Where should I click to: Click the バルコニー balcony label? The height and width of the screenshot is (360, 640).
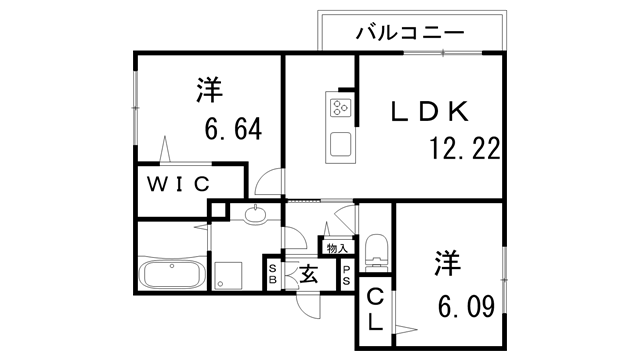click(410, 33)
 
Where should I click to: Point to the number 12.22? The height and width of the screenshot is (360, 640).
click(464, 149)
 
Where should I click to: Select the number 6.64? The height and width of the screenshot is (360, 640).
click(233, 130)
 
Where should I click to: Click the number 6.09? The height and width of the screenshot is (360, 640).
click(464, 305)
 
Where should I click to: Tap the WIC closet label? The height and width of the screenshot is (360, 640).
click(180, 183)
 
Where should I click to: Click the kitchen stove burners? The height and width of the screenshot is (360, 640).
click(339, 105)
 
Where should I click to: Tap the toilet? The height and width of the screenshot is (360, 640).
click(376, 251)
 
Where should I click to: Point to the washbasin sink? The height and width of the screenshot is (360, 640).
click(254, 212)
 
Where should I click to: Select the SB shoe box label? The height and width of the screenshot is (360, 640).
click(272, 273)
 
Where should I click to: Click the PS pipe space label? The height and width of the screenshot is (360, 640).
click(346, 273)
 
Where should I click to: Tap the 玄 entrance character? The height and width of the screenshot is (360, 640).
click(309, 273)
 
